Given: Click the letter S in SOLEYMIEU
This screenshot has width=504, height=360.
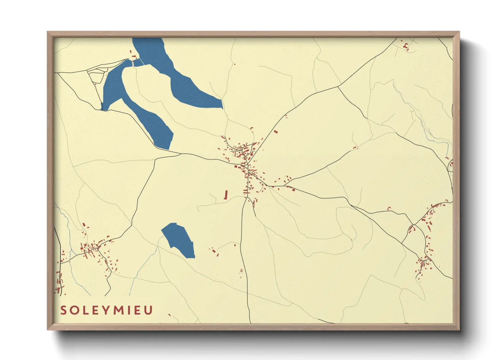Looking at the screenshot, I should pyautogui.click(x=64, y=310).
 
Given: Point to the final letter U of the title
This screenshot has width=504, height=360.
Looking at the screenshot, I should pyautogui.click(x=148, y=310).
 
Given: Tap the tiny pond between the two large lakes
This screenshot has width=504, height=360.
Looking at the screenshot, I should pyautogui.click(x=138, y=63).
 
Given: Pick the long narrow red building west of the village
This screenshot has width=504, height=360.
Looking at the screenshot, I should pyautogui.click(x=225, y=195).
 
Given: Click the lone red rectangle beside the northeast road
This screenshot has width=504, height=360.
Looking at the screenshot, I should pyautogui.click(x=276, y=131).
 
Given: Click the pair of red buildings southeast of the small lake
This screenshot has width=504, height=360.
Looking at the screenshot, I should pyautogui.click(x=215, y=252).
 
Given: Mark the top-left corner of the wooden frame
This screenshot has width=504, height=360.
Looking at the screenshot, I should pyautogui.click(x=48, y=32).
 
